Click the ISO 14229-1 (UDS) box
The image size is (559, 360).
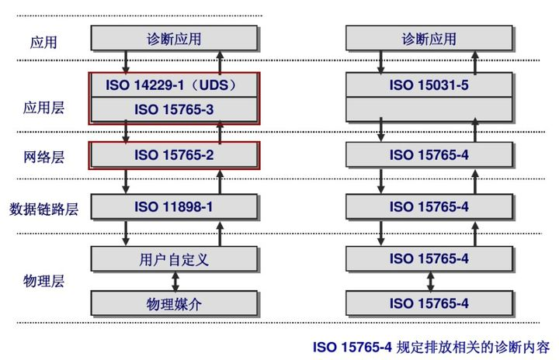(174, 85)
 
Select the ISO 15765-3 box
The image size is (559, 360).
(174, 110)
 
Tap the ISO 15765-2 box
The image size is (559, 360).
(174, 155)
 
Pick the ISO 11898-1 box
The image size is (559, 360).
(174, 206)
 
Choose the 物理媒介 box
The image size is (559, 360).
(174, 303)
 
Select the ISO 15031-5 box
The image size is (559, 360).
(429, 85)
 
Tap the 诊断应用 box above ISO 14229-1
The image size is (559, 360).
(174, 38)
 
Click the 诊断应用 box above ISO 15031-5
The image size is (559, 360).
(429, 38)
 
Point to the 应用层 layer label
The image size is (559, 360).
(43, 108)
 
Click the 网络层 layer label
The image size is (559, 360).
(43, 157)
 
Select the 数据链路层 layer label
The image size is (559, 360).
(43, 208)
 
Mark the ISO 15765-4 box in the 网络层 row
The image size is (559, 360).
(429, 155)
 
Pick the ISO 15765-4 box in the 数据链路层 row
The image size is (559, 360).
(429, 206)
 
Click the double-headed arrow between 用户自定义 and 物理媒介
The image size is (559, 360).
(174, 281)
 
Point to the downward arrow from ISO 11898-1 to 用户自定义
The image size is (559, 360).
(126, 232)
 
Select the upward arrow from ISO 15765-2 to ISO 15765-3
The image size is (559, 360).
(220, 133)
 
